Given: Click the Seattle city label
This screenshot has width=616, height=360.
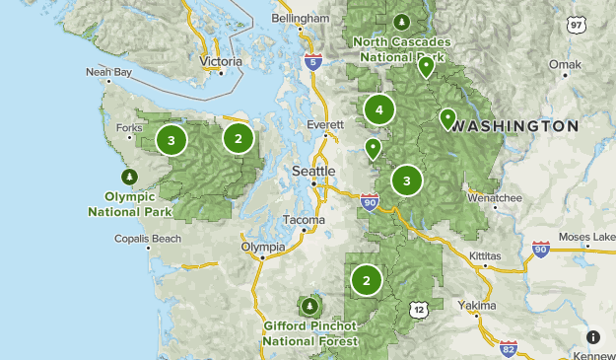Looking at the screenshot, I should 314,171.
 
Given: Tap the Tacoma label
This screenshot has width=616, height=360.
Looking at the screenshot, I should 305,219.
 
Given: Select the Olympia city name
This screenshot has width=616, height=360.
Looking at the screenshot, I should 262,247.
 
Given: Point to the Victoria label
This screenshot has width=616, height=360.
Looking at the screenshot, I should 220,61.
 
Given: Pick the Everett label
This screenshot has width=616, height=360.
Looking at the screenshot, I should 324,125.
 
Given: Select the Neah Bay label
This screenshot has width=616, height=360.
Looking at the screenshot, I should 107,72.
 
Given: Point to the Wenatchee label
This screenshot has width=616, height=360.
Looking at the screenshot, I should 494,197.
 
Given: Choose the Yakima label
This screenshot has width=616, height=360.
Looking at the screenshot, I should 478,306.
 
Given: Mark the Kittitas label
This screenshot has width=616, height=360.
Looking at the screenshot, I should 485,255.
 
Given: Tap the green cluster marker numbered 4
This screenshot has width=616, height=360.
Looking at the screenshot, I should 379,110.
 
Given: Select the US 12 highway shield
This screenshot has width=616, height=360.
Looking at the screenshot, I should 419,311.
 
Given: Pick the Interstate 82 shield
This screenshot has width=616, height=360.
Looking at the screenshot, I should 508,347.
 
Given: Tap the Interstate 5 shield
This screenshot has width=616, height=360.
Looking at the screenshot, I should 312,60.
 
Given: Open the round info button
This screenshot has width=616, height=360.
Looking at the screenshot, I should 593,336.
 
